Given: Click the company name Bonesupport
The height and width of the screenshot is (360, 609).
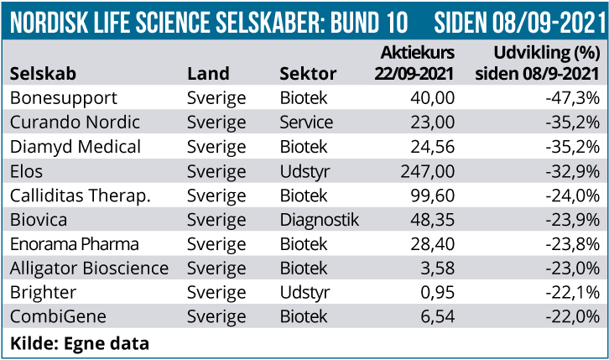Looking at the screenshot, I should [x=64, y=98].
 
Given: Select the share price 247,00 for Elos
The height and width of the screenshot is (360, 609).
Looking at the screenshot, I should [x=428, y=171].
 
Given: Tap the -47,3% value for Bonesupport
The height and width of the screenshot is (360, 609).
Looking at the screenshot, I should [x=572, y=98].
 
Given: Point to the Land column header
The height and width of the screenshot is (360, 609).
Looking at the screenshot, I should [x=208, y=73].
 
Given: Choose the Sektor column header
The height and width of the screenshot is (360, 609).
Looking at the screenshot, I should [x=308, y=73].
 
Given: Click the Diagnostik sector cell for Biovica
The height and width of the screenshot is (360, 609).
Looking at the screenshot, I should [x=319, y=220].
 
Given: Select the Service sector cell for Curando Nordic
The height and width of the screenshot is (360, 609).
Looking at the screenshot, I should [x=306, y=123].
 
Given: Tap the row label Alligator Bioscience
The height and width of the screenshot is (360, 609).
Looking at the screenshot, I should [x=90, y=269].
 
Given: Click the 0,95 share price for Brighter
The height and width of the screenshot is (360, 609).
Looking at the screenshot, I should [x=437, y=293].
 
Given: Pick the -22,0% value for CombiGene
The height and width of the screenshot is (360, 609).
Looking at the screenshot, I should [x=572, y=317].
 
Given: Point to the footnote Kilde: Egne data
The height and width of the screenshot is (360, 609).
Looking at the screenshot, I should [x=80, y=342].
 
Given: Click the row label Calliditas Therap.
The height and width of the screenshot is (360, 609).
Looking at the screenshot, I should [x=80, y=196].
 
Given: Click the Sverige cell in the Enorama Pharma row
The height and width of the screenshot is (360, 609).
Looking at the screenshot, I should [x=216, y=244].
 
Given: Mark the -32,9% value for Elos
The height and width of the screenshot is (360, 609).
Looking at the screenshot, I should [x=572, y=171].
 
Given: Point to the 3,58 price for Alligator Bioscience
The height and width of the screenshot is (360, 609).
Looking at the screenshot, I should [x=437, y=269].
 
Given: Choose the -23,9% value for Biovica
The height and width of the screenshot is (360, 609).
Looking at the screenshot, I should [x=572, y=220].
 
